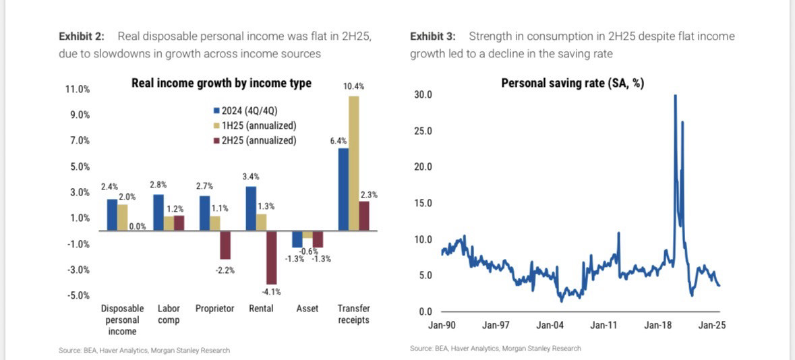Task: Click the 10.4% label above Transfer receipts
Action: click(x=354, y=86)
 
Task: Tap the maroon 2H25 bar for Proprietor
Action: click(x=225, y=245)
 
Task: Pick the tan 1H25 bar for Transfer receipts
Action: click(x=354, y=164)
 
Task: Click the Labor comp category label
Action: click(x=169, y=314)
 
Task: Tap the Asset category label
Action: click(x=307, y=309)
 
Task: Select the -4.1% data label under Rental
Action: click(x=271, y=292)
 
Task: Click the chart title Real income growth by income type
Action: click(x=221, y=83)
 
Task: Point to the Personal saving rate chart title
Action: click(x=572, y=84)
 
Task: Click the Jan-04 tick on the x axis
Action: click(x=550, y=325)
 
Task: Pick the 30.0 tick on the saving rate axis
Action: click(x=423, y=95)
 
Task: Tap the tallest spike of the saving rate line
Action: click(x=676, y=97)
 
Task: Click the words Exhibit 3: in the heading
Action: click(x=432, y=36)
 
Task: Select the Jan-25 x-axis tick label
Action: click(x=711, y=325)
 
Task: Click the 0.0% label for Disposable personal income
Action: click(x=137, y=227)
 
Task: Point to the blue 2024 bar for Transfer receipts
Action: click(x=343, y=190)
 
